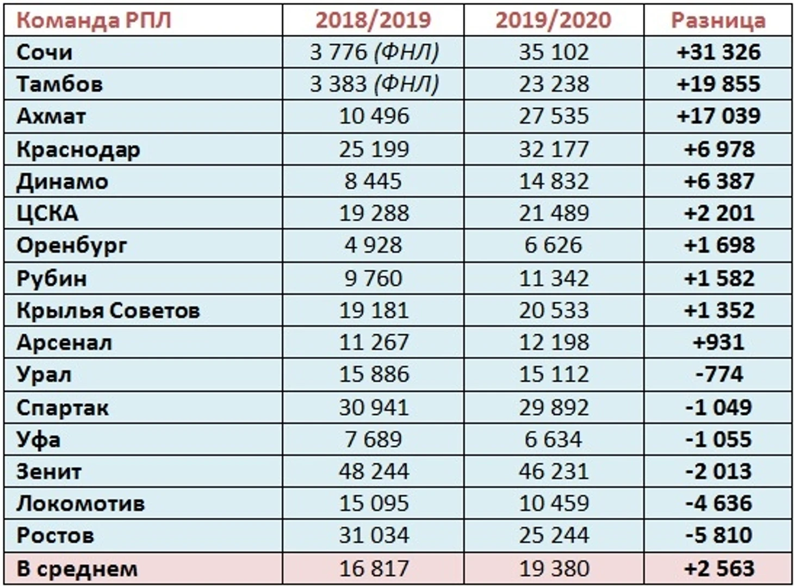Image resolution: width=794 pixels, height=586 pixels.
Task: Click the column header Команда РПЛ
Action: pyautogui.click(x=94, y=20)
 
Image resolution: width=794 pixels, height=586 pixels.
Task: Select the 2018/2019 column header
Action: pyautogui.click(x=373, y=20)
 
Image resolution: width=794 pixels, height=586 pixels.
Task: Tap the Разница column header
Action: pyautogui.click(x=718, y=20)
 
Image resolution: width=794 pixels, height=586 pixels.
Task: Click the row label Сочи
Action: pyautogui.click(x=45, y=52)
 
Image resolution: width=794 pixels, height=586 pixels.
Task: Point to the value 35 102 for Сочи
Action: pyautogui.click(x=554, y=52)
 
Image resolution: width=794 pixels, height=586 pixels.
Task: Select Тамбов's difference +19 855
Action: pyautogui.click(x=718, y=84)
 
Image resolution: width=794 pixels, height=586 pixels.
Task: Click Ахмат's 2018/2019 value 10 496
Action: pyautogui.click(x=374, y=116)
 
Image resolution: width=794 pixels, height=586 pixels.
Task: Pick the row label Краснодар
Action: pyautogui.click(x=78, y=149)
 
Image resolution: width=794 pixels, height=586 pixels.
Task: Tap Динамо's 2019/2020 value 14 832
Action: pyautogui.click(x=554, y=181)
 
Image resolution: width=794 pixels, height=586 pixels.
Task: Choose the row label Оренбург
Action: pyautogui.click(x=72, y=246)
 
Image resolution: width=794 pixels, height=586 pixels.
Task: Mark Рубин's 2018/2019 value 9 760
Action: pyautogui.click(x=374, y=278)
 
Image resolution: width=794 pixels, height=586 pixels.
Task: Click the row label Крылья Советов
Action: pyautogui.click(x=108, y=310)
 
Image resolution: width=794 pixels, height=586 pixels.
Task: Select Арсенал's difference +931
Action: pyautogui.click(x=718, y=342)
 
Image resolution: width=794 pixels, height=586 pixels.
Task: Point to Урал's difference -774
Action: pyautogui.click(x=718, y=375)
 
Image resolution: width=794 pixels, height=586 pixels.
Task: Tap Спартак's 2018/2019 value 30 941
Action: pyautogui.click(x=374, y=408)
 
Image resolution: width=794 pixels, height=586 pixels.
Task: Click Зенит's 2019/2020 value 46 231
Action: pyautogui.click(x=554, y=471)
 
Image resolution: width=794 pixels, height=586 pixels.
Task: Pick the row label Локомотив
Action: pyautogui.click(x=80, y=503)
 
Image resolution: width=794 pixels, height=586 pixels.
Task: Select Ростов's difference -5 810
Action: pyautogui.click(x=718, y=535)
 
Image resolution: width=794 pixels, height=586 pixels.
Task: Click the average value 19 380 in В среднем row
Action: pyautogui.click(x=554, y=569)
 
